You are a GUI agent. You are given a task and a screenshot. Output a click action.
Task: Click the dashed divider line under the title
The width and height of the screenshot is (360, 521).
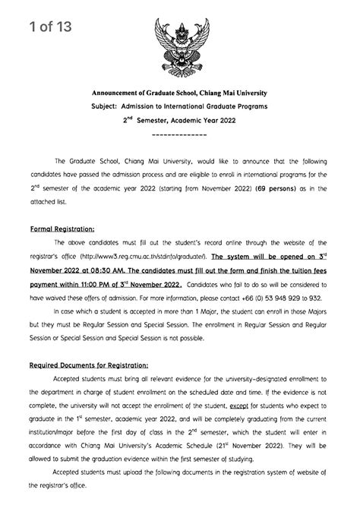pos(180,135)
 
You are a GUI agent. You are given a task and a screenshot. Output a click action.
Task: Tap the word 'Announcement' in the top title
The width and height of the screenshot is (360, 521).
pos(121,91)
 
